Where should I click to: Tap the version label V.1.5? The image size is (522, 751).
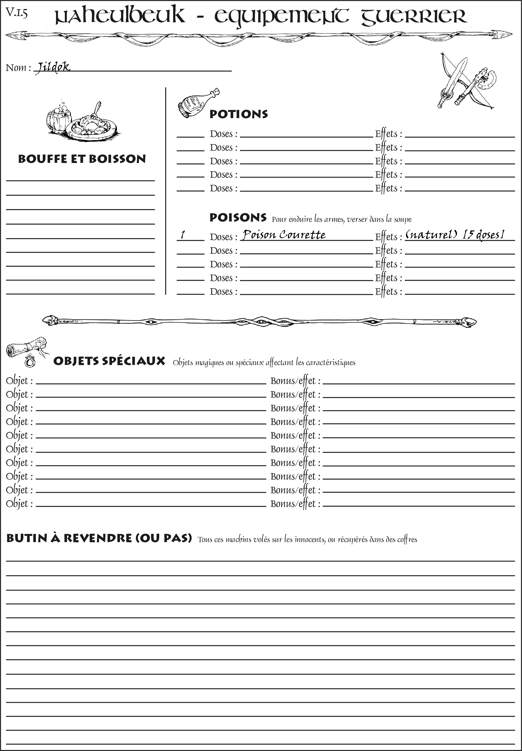click(16, 13)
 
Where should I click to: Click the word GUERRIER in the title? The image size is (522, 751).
click(413, 16)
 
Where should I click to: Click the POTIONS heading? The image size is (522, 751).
click(238, 114)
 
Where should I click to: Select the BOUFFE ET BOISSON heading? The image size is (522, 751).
click(82, 159)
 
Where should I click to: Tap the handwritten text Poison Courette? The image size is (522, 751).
click(284, 235)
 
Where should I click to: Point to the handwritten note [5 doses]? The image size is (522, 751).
click(483, 234)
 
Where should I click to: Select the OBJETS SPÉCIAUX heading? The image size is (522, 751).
click(109, 361)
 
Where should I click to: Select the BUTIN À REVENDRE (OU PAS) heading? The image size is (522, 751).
click(99, 538)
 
